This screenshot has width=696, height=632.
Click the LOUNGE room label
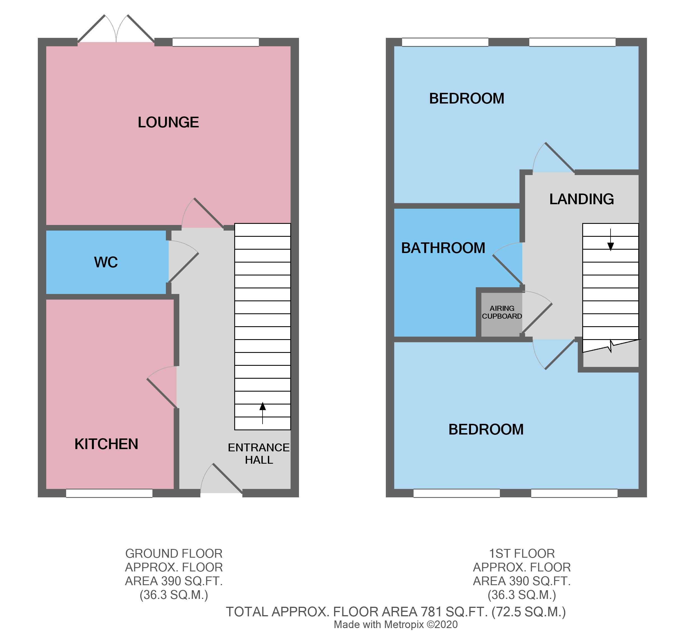(168, 122)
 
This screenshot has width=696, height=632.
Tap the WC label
(106, 262)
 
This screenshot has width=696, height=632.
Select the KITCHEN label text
(106, 444)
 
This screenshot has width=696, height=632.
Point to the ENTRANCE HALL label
(259, 454)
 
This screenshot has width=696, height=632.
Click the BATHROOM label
(443, 248)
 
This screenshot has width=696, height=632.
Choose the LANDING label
(581, 199)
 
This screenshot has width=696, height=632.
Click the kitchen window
(109, 493)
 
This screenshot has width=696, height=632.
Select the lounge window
(216, 42)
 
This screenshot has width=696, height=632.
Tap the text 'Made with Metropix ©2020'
(396, 624)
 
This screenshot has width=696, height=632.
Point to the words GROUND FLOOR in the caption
(174, 553)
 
